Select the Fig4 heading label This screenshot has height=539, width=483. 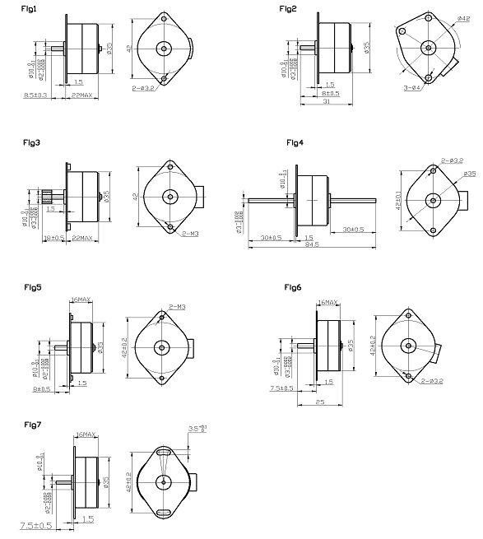click(295, 142)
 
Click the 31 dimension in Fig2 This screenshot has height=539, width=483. click(327, 101)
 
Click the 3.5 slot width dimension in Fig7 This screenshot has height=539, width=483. click(197, 428)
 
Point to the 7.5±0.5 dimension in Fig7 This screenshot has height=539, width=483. click(30, 524)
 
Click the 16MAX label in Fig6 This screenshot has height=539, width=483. click(327, 303)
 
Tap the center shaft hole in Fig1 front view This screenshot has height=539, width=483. click(164, 48)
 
